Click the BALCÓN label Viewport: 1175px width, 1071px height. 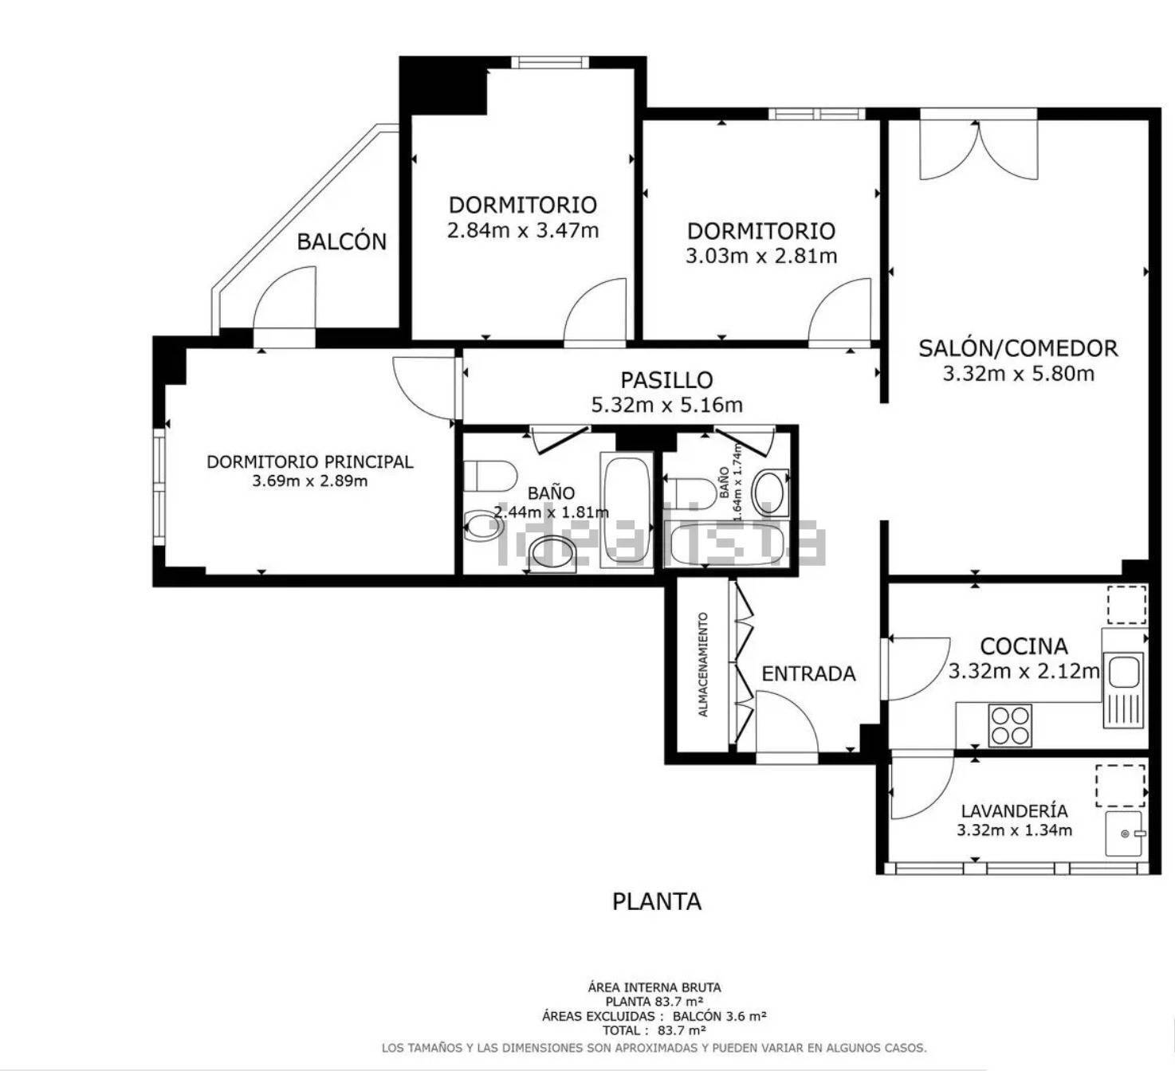341,241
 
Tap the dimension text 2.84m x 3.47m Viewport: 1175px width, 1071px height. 523,231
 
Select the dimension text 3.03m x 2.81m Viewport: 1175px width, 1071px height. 761,257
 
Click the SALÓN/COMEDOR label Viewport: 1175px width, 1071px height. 1018,348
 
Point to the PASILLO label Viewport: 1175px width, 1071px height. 666,380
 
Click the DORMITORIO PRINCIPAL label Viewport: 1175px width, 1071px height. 310,462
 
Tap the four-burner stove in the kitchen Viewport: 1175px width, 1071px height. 1010,725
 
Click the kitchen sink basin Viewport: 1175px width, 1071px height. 1123,671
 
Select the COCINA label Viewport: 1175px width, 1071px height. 1024,646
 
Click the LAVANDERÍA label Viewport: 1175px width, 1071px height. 1015,811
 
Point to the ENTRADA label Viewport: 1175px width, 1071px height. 808,674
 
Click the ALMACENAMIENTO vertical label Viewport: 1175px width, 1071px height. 703,665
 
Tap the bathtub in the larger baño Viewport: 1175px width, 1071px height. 627,511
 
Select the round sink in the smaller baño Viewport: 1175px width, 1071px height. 771,492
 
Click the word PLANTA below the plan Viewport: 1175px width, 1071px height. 657,902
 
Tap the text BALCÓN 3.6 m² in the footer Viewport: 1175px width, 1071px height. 719,1016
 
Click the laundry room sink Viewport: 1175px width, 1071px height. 1123,834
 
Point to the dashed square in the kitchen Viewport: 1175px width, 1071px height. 1126,604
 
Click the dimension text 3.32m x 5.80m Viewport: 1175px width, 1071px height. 1019,374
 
